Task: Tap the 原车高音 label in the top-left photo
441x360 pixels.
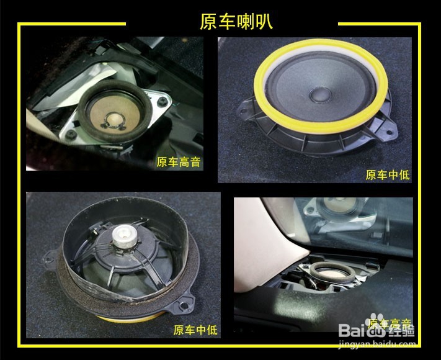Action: click(x=178, y=163)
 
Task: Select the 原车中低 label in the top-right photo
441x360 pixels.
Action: click(x=387, y=175)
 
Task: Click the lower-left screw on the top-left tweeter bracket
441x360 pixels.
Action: click(x=73, y=133)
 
